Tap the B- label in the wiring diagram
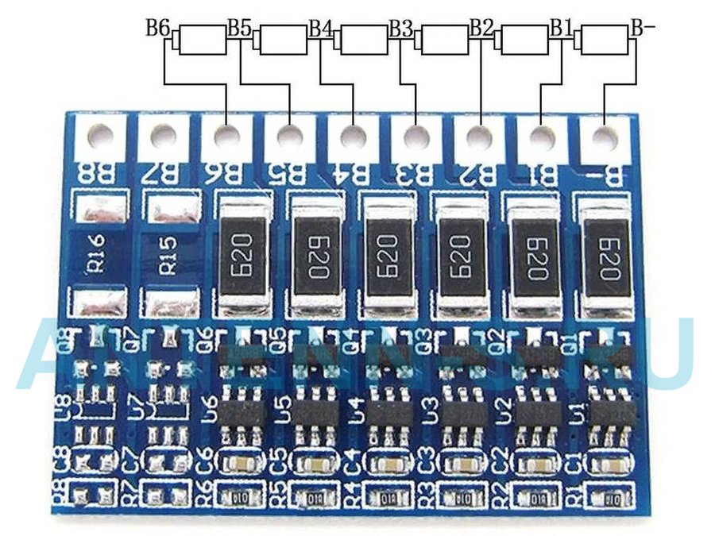(643, 28)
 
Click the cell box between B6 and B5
(203, 39)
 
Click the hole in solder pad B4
(352, 137)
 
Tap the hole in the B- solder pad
(605, 137)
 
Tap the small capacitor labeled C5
(315, 464)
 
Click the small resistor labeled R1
(611, 499)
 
